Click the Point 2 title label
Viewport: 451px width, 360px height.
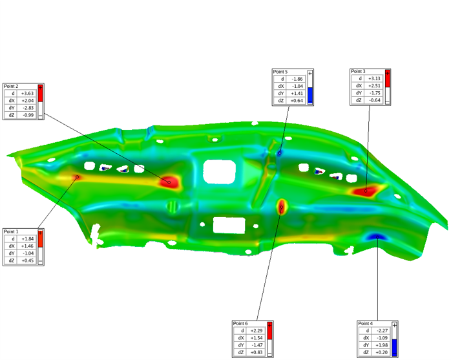point(11,87)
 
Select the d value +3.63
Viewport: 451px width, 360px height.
point(27,93)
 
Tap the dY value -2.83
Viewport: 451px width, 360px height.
point(28,108)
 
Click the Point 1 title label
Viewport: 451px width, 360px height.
point(11,231)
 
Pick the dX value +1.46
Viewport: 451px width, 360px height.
point(27,246)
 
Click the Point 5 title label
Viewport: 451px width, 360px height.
point(280,72)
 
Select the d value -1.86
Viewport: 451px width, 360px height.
point(297,79)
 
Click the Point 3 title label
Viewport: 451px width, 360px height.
point(358,71)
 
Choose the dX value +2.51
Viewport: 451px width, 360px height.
point(375,86)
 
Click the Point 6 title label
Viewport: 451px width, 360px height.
point(240,323)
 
